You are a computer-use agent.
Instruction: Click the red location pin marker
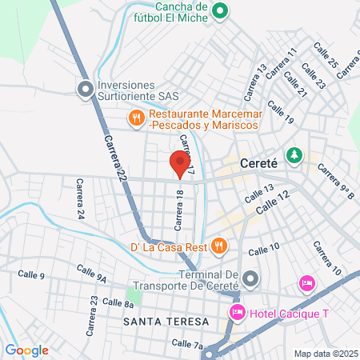(x=180, y=165)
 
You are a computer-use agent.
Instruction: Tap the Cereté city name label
(x=258, y=161)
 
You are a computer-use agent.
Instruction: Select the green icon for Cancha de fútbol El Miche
(x=222, y=11)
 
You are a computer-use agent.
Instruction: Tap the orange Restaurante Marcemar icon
(x=137, y=118)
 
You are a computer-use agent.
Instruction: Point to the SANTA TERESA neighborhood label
(x=166, y=321)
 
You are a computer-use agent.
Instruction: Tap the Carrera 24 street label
(x=80, y=199)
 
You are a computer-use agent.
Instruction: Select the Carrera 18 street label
(x=180, y=206)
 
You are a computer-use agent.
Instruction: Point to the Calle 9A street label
(x=91, y=272)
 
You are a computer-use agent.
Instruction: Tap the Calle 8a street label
(x=118, y=304)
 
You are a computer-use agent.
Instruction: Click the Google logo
(x=26, y=350)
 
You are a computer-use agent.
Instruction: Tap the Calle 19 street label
(x=281, y=112)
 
